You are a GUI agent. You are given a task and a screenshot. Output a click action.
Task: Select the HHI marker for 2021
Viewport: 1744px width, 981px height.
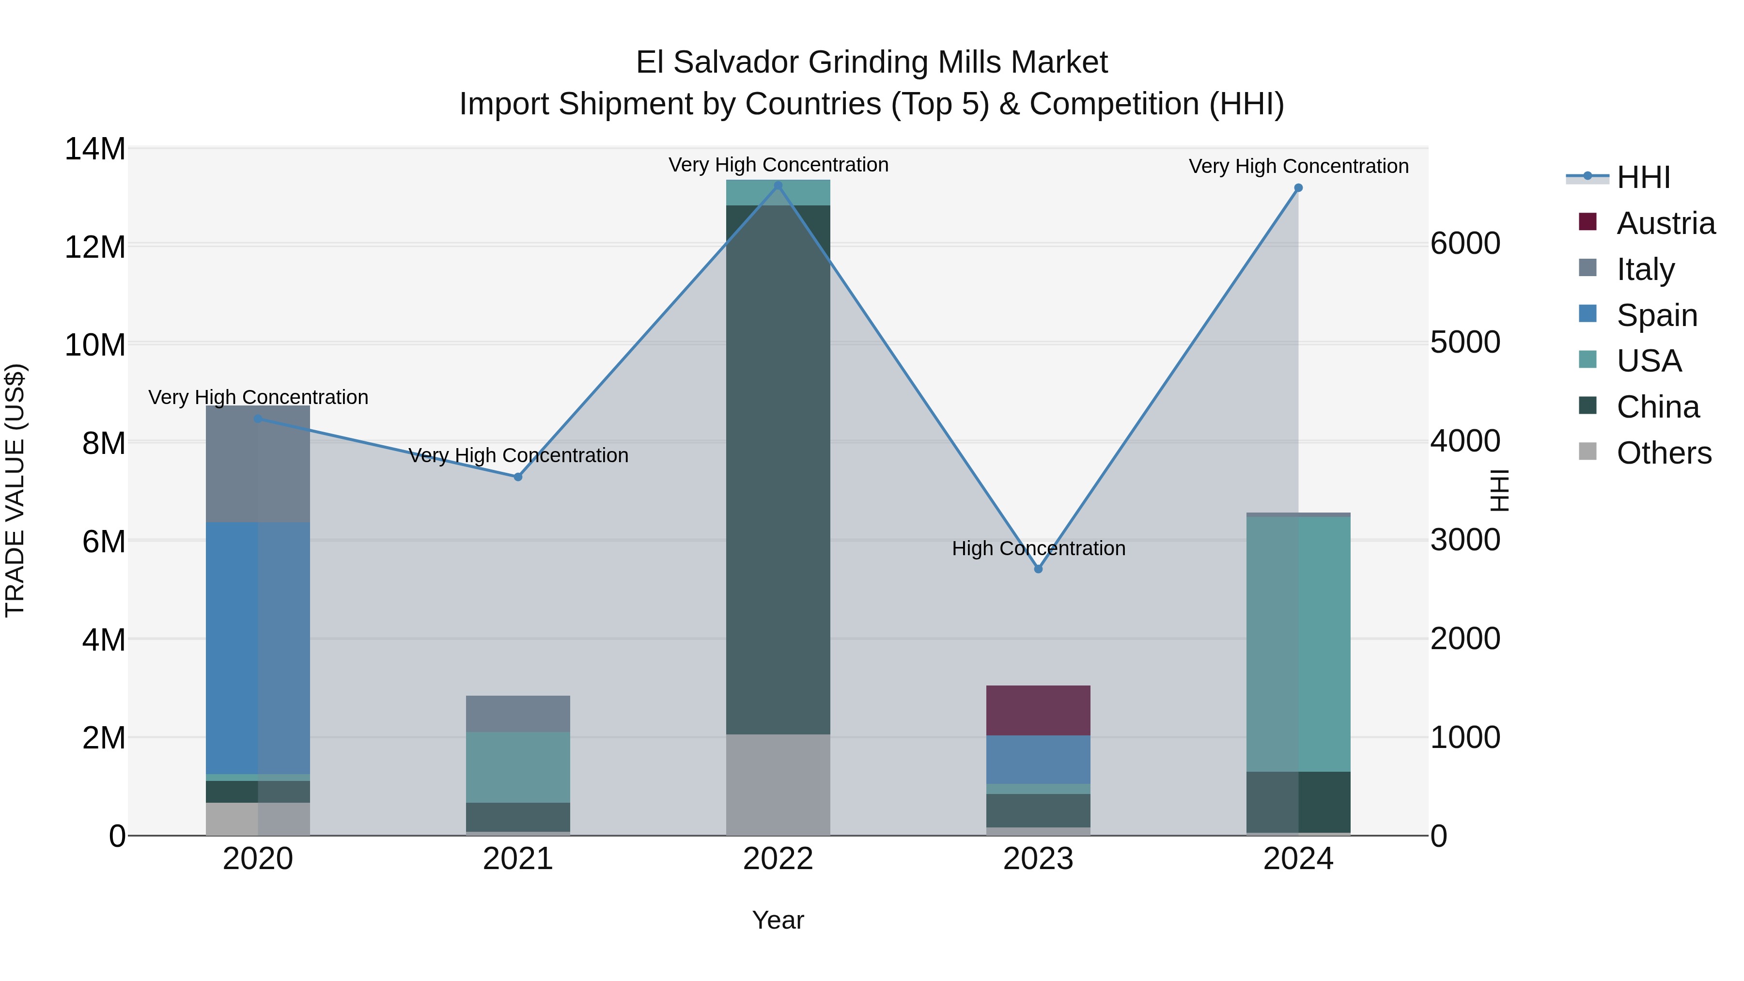tap(518, 477)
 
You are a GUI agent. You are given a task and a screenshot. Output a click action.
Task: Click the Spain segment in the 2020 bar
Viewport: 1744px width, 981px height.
tap(257, 647)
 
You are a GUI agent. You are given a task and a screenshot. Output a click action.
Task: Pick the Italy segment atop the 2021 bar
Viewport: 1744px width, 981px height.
tap(518, 714)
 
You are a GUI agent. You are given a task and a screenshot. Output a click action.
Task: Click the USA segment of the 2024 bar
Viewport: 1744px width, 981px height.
tap(1298, 643)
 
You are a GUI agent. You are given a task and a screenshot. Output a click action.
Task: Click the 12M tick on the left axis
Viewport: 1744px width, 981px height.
tap(95, 247)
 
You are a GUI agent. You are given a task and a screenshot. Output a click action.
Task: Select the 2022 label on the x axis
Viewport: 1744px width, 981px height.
tap(778, 859)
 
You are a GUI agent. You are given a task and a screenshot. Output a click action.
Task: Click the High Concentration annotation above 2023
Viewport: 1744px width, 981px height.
tap(1039, 548)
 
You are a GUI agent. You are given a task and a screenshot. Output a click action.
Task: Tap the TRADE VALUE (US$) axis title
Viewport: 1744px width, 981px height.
tap(15, 490)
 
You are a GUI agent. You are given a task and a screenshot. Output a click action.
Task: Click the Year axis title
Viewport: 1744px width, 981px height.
tap(778, 920)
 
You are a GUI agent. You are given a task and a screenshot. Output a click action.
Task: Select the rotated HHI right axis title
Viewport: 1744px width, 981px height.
tap(1499, 490)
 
